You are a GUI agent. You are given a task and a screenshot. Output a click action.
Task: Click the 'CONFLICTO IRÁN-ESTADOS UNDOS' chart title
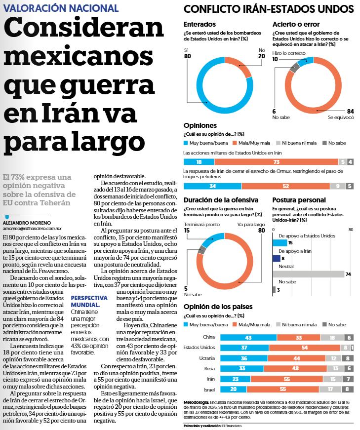268,9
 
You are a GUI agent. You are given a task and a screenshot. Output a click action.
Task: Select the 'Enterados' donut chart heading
200,24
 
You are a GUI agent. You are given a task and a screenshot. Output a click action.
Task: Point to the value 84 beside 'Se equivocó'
351,111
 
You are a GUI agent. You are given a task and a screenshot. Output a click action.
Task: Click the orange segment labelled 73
277,162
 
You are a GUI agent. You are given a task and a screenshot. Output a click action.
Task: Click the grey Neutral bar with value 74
308,274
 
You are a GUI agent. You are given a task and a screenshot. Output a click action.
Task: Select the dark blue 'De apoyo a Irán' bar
276,258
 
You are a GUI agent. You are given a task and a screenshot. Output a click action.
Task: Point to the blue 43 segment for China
248,337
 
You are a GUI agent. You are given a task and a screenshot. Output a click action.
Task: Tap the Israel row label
209,390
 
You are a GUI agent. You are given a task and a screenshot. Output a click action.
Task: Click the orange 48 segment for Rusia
294,368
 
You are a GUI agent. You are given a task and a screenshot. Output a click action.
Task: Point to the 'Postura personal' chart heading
299,200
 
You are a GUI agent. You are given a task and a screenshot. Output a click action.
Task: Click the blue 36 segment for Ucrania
244,358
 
